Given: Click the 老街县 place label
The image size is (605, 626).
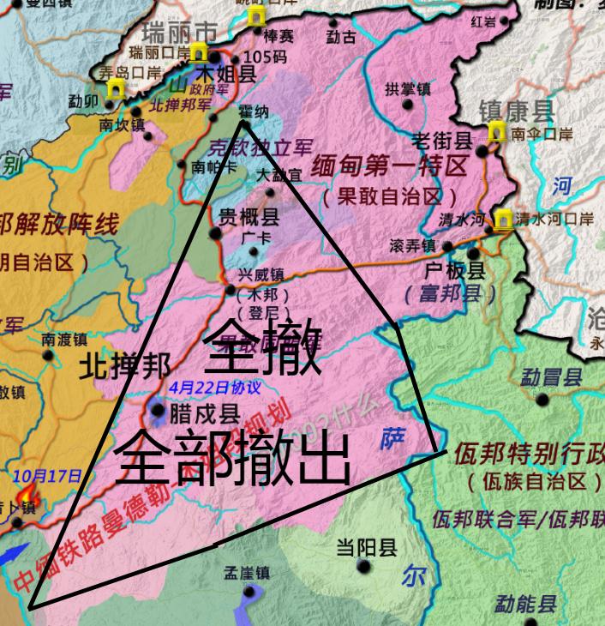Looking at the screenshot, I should point(441,141).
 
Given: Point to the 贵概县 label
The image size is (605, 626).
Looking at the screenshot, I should point(249,215).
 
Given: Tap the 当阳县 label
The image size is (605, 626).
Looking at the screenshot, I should point(366,548).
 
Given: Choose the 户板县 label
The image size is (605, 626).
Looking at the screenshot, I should point(455,272).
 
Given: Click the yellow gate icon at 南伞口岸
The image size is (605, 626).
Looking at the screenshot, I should point(496,132).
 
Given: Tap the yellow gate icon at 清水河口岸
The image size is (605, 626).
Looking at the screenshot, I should point(501,220).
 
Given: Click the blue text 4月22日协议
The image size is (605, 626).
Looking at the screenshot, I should point(214,387).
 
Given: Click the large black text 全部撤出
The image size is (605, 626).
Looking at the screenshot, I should point(231,459).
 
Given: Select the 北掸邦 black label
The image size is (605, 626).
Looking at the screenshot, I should point(124,367).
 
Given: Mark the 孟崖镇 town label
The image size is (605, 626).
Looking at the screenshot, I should point(247,573).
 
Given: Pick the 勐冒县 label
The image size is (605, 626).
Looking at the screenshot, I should point(550,376).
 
